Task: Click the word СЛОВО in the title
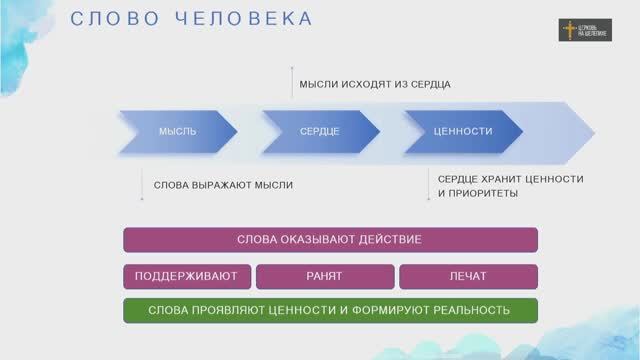[106, 19]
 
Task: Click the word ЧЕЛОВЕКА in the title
[244, 19]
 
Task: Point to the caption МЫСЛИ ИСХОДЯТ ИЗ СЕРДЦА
[374, 84]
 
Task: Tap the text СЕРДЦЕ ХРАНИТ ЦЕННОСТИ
[510, 178]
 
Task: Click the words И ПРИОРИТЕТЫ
[478, 192]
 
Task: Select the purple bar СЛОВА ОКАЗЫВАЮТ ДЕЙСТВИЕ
[330, 240]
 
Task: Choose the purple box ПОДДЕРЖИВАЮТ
[186, 276]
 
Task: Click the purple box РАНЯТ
[324, 276]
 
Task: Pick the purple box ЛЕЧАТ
[468, 276]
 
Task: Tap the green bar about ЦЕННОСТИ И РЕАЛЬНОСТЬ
[330, 310]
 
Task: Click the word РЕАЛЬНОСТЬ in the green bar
[470, 310]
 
